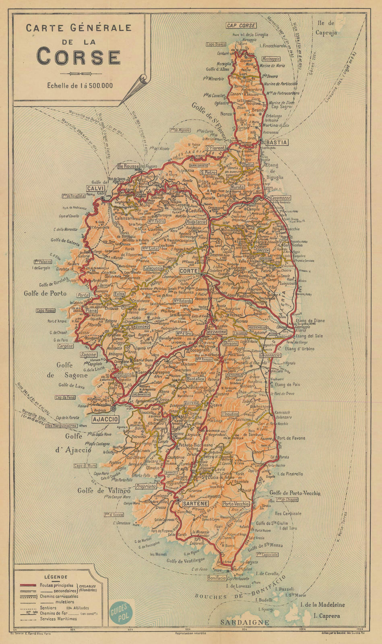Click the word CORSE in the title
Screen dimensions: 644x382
pyautogui.click(x=78, y=57)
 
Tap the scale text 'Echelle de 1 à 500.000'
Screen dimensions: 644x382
pyautogui.click(x=80, y=85)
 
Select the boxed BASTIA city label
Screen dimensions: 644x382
pyautogui.click(x=276, y=142)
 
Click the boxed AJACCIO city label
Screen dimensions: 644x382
pyautogui.click(x=105, y=419)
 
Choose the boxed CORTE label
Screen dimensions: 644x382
pyautogui.click(x=189, y=271)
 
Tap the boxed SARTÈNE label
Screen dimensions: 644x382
pyautogui.click(x=195, y=504)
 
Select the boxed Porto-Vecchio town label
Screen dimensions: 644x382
pyautogui.click(x=236, y=504)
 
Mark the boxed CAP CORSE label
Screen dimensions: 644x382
pyautogui.click(x=241, y=25)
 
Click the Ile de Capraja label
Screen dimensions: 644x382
pyautogui.click(x=326, y=28)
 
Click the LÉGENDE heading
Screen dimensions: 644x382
pyautogui.click(x=53, y=577)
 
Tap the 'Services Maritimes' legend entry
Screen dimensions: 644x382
pyautogui.click(x=58, y=619)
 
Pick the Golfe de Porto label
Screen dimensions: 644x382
pyautogui.click(x=45, y=293)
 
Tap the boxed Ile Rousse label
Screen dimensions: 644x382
pyautogui.click(x=128, y=166)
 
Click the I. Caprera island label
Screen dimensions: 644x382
pyautogui.click(x=326, y=616)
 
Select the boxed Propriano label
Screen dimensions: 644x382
pyautogui.click(x=146, y=486)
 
